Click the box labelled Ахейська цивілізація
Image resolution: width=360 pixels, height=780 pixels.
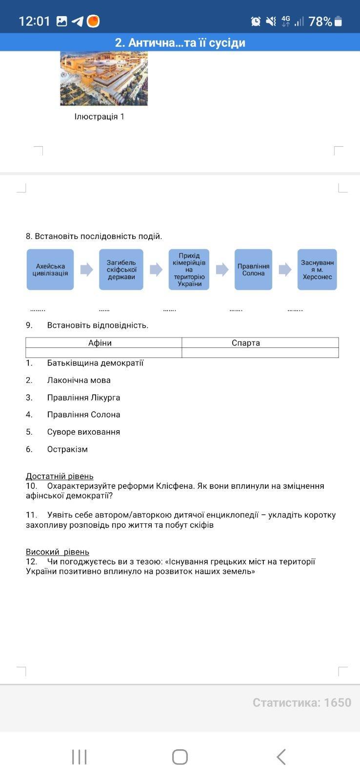(x=50, y=270)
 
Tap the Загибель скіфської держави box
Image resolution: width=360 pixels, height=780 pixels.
(x=121, y=270)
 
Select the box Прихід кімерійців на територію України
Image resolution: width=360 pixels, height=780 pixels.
(x=189, y=270)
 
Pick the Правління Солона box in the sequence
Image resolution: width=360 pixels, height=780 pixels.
(x=253, y=270)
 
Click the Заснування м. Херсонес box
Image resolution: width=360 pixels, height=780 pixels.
(x=317, y=270)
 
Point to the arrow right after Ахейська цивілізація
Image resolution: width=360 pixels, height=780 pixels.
(x=86, y=270)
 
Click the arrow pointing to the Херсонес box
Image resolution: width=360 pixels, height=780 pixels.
(x=285, y=270)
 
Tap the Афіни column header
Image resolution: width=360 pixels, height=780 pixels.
(x=100, y=343)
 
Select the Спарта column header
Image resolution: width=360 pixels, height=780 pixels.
(x=246, y=343)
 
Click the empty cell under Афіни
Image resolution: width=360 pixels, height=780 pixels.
(x=103, y=353)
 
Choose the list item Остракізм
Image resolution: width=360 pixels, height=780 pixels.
(x=67, y=449)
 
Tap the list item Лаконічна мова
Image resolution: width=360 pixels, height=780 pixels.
(x=79, y=380)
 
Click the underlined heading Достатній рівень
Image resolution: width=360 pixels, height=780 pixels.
(x=60, y=476)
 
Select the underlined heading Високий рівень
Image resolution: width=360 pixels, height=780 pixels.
(x=58, y=552)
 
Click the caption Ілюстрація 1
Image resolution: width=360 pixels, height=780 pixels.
(x=100, y=117)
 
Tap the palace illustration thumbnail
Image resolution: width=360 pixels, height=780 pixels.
(x=104, y=78)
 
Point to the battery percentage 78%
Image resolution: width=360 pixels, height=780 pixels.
(x=320, y=21)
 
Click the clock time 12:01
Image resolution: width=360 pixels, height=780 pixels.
(x=34, y=21)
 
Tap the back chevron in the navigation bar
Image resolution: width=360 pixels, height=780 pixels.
(x=281, y=757)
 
